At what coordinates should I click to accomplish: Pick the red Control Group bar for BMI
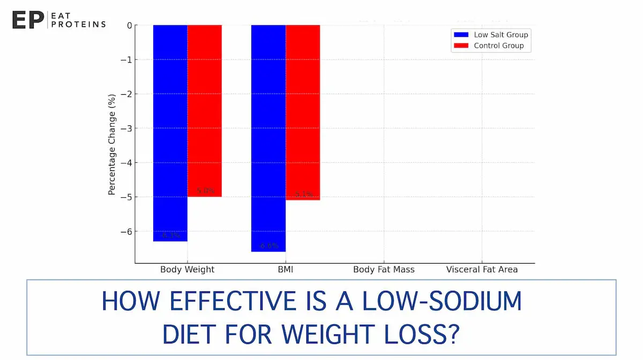coord(303,112)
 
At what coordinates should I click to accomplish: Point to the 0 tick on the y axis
coord(129,25)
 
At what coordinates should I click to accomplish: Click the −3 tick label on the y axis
coord(126,129)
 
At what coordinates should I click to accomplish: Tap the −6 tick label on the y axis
coord(126,231)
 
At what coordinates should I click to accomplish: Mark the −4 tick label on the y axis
coord(126,163)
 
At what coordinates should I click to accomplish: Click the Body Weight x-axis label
coord(187,269)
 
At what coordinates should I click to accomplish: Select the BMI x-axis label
coord(285,269)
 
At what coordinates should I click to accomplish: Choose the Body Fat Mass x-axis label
coord(384,269)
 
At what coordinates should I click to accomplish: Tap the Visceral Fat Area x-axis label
coord(482,269)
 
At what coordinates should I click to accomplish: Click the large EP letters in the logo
coord(27,20)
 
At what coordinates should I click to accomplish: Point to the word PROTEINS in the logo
coord(79,24)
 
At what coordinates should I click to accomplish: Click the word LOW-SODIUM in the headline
coord(442,302)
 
